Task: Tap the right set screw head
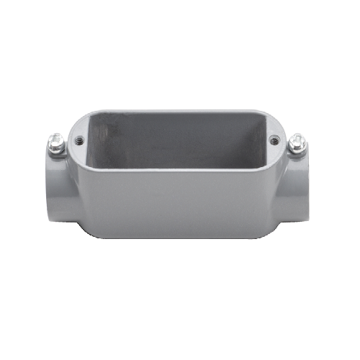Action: tap(296, 142)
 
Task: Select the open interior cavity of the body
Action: tap(180, 144)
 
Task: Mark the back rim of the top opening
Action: tap(180, 112)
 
